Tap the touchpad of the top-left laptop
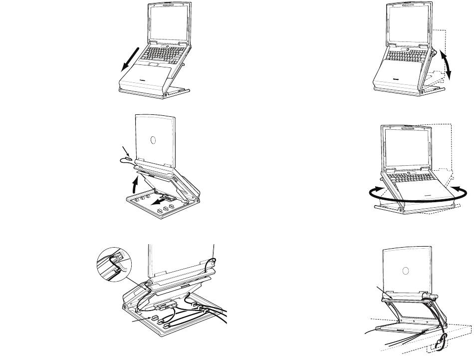pyautogui.click(x=154, y=64)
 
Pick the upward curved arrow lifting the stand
pyautogui.click(x=135, y=185)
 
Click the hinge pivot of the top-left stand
pyautogui.click(x=166, y=93)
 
